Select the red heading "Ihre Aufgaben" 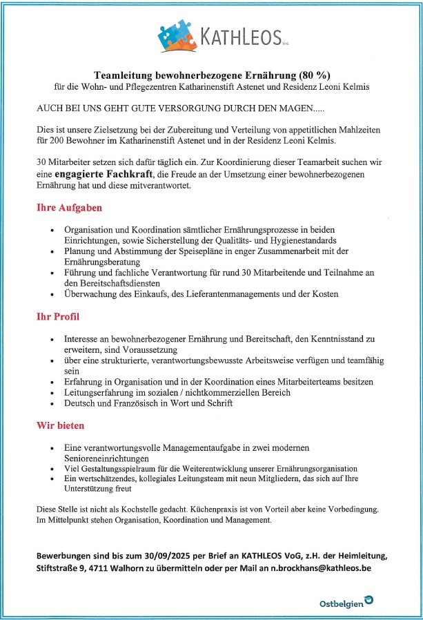coord(70,207)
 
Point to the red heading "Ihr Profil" coord(58,318)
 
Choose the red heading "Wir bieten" coord(61,426)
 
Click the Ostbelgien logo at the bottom coord(345,603)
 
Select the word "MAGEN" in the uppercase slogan coord(291,109)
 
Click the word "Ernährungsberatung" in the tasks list coord(102,262)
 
